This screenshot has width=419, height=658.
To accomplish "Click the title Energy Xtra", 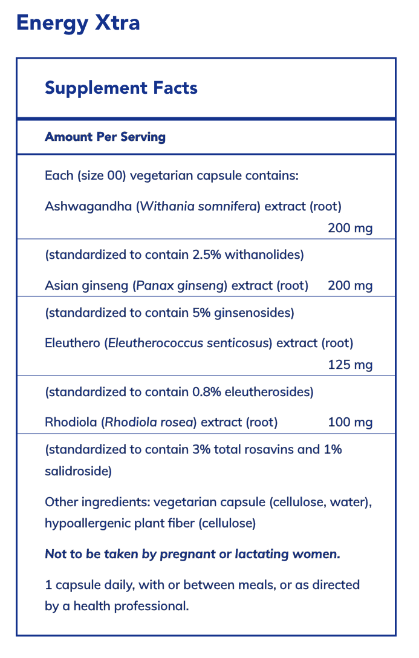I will pyautogui.click(x=78, y=23).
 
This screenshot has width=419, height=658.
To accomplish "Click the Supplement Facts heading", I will pyautogui.click(x=121, y=88).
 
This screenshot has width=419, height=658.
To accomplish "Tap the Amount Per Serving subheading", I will pyautogui.click(x=105, y=137).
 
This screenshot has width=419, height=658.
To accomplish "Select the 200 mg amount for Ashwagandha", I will pyautogui.click(x=350, y=229).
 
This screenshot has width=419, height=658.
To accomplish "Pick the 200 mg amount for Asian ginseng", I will pyautogui.click(x=350, y=285).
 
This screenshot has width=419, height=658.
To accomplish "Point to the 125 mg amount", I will pyautogui.click(x=350, y=365).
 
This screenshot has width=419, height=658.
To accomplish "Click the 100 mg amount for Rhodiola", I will pyautogui.click(x=350, y=422).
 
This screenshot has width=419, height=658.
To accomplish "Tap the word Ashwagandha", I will pyautogui.click(x=88, y=207).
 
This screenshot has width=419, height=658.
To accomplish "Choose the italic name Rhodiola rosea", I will pyautogui.click(x=149, y=422).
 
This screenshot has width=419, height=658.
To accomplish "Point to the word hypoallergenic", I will pyautogui.click(x=88, y=523).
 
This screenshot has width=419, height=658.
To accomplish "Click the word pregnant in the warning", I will pyautogui.click(x=189, y=554).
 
